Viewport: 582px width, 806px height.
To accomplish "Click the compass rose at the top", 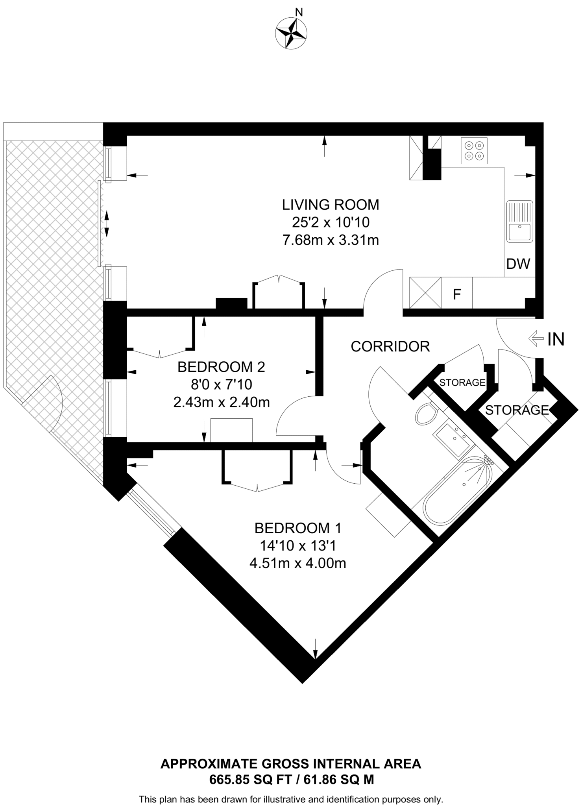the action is [291, 33].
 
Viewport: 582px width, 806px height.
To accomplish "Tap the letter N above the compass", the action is [299, 13].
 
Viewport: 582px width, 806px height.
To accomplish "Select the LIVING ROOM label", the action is [331, 205].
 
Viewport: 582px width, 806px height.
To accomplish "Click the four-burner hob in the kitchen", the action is [474, 151].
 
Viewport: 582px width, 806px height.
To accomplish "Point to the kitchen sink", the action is [519, 221].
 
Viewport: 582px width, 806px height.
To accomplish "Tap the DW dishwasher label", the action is [518, 264].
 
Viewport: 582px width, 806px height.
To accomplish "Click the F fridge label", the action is [457, 294].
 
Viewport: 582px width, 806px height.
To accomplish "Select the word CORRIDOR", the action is [390, 346].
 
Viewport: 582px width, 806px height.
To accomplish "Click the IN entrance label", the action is [556, 339].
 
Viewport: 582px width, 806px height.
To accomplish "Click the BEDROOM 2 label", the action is [221, 367].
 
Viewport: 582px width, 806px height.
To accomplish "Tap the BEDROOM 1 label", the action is [298, 528].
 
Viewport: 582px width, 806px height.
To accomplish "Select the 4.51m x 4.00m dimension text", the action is [298, 563].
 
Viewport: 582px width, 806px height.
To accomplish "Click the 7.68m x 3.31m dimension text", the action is [331, 240].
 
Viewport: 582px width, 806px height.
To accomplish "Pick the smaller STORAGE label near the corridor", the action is [462, 382].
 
